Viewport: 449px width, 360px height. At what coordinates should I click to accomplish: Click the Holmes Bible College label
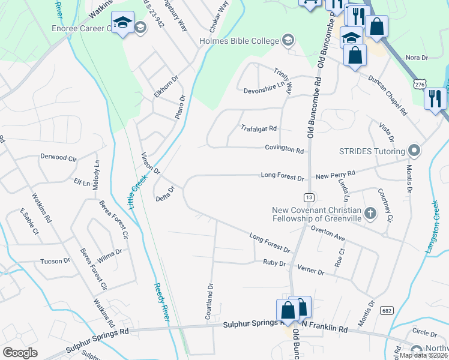coord(240,41)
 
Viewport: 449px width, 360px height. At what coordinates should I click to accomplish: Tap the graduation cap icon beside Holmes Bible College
coord(288,41)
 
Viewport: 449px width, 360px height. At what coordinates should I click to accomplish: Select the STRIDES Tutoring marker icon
coord(413,149)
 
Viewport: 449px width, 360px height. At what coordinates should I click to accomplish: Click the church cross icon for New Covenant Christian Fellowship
coord(370,212)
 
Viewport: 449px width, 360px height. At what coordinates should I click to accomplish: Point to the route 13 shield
coord(309,197)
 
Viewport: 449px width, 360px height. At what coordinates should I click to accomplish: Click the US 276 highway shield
coord(420,86)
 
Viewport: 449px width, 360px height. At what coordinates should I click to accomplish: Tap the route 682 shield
coord(387,310)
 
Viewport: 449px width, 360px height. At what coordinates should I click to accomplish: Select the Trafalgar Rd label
coord(258,128)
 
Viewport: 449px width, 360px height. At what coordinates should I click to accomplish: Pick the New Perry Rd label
coord(336,173)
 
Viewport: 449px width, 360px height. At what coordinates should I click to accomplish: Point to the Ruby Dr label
coord(273,263)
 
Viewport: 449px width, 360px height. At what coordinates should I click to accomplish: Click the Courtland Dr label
coord(209,301)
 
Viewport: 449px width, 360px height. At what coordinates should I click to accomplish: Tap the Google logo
coord(20,352)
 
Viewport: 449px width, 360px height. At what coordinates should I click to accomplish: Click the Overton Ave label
coord(328,229)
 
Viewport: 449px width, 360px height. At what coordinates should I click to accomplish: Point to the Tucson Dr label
coord(55,261)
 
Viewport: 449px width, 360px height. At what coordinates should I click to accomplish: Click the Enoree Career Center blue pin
coord(122,24)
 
